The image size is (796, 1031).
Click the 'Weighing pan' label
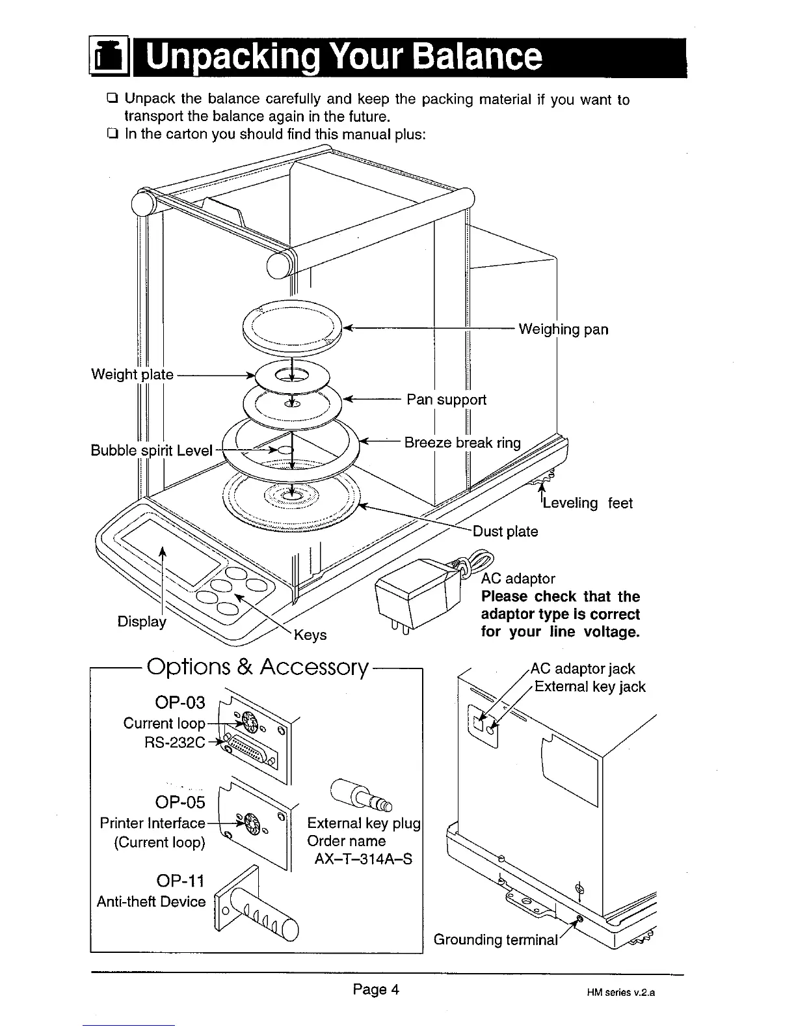pos(563,329)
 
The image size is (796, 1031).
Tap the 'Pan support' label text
pos(446,400)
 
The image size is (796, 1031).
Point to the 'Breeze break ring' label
pos(462,443)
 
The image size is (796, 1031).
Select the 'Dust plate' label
pos(505,532)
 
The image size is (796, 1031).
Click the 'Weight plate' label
pos(132,374)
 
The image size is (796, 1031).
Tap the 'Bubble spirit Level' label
pos(152,450)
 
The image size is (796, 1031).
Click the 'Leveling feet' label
pos(587,503)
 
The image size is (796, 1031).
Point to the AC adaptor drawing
pos(416,592)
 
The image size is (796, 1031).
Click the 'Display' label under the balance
pos(142,622)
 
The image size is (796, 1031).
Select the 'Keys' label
pos(310,635)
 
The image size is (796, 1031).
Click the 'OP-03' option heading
pos(180,703)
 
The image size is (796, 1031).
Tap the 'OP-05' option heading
pos(180,802)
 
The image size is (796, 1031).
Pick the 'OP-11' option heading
pos(181,881)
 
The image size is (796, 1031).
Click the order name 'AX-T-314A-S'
pos(363,859)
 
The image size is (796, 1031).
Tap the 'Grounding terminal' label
pos(496,940)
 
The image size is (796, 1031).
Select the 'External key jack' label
pos(590,687)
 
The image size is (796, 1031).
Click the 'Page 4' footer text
pos(376,990)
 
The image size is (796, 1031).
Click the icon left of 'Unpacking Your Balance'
pos(108,58)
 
